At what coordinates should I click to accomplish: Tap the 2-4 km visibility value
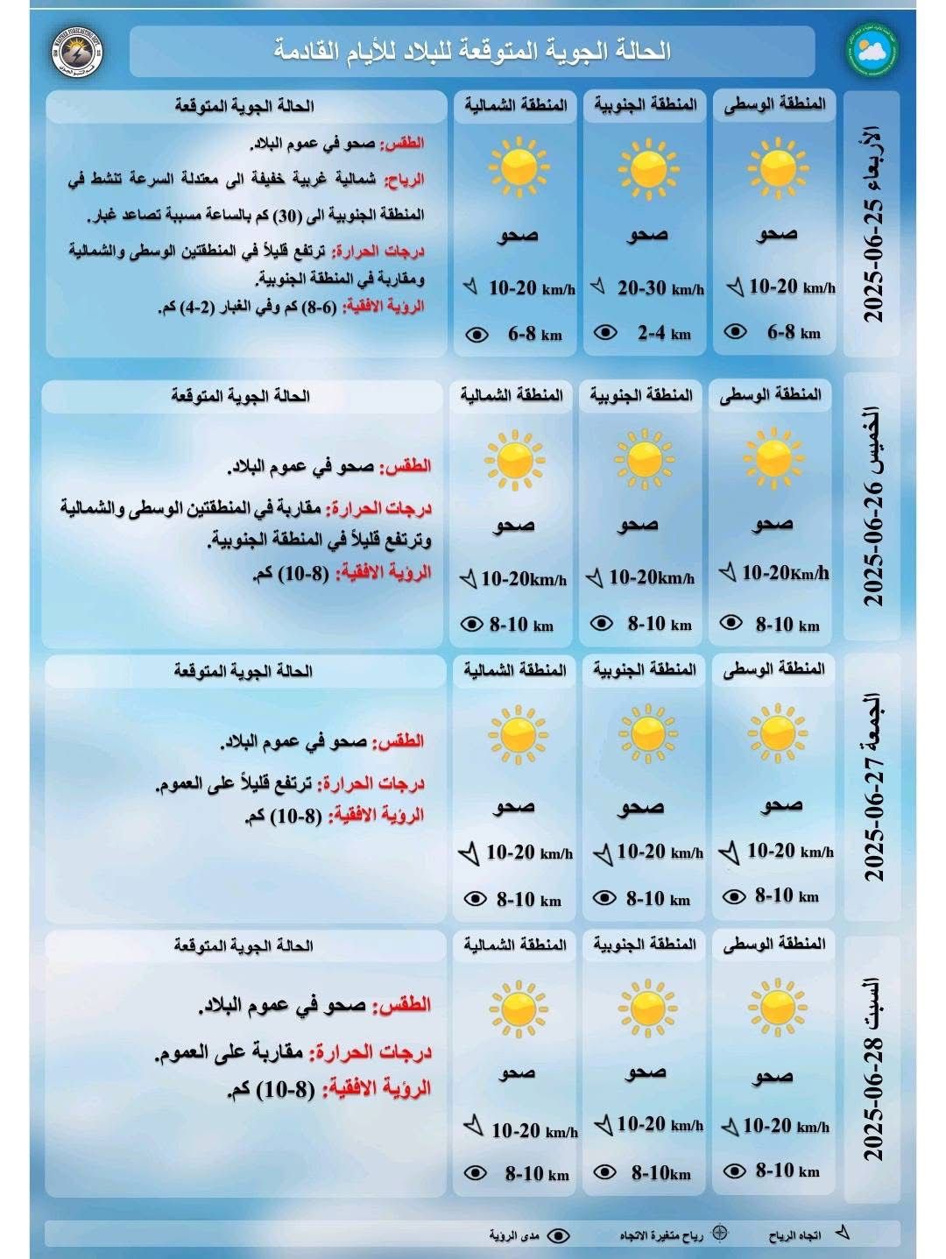pyautogui.click(x=663, y=333)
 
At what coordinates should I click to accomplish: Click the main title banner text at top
pyautogui.click(x=472, y=51)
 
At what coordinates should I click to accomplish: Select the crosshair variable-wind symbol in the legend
pyautogui.click(x=719, y=1234)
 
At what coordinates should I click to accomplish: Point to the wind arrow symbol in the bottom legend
pyautogui.click(x=842, y=1233)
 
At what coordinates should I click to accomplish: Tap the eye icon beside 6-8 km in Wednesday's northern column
pyautogui.click(x=477, y=335)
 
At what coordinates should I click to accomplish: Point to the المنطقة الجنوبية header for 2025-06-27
pyautogui.click(x=645, y=669)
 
